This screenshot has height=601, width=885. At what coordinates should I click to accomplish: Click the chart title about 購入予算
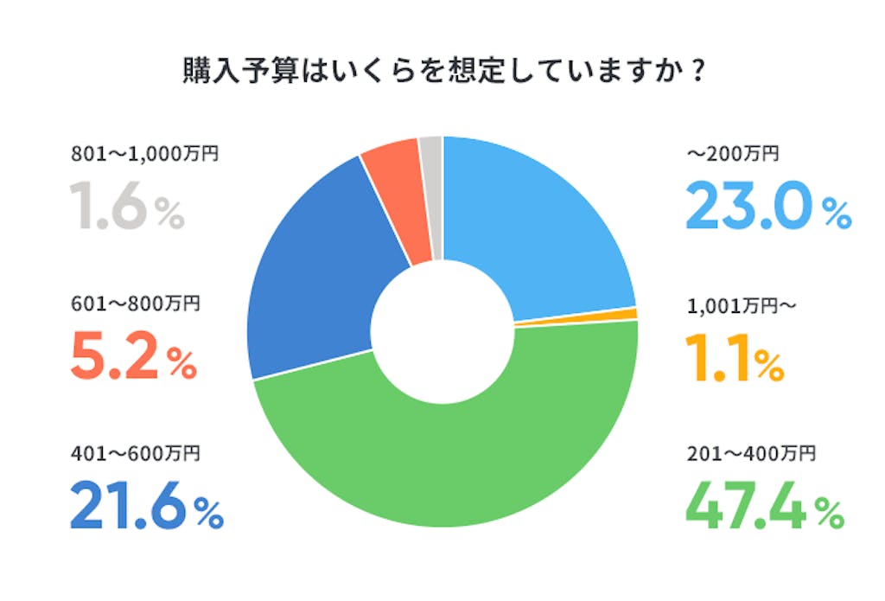pyautogui.click(x=442, y=71)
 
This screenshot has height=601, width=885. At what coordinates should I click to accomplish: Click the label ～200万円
pyautogui.click(x=733, y=154)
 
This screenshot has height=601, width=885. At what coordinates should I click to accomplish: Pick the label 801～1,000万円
pyautogui.click(x=145, y=154)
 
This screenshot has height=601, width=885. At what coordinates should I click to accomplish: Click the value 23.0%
pyautogui.click(x=767, y=208)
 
